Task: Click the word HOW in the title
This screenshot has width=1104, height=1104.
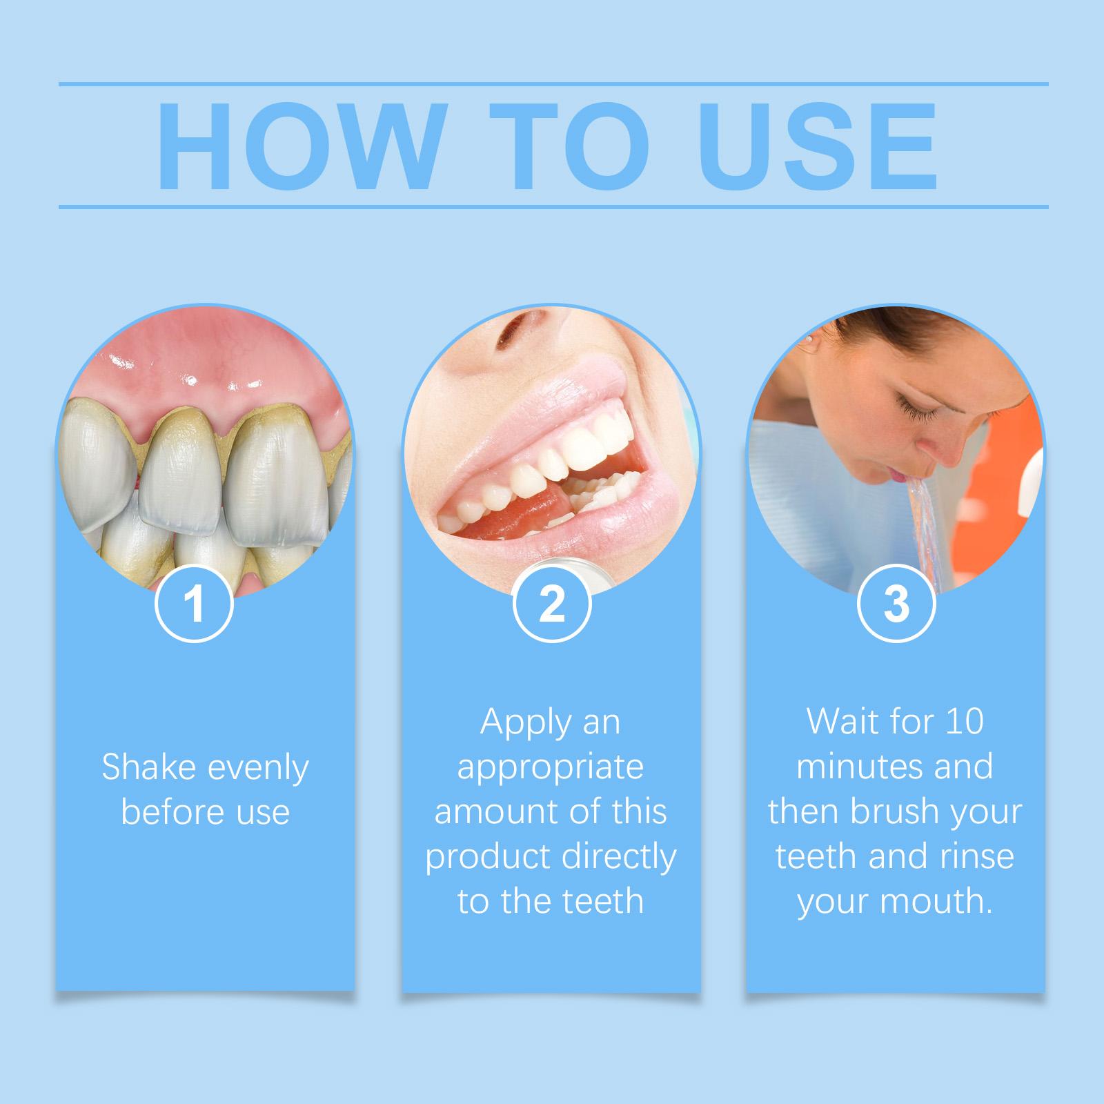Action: (x=298, y=147)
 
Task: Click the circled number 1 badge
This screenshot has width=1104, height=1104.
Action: (x=195, y=604)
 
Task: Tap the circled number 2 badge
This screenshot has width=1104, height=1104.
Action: (x=551, y=604)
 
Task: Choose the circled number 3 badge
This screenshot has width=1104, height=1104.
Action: (x=896, y=604)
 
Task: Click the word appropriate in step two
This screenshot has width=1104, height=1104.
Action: (x=551, y=767)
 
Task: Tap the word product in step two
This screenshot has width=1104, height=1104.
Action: (x=488, y=856)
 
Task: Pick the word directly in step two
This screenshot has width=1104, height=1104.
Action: (x=618, y=856)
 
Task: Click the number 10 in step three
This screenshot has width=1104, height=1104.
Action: (x=964, y=722)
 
